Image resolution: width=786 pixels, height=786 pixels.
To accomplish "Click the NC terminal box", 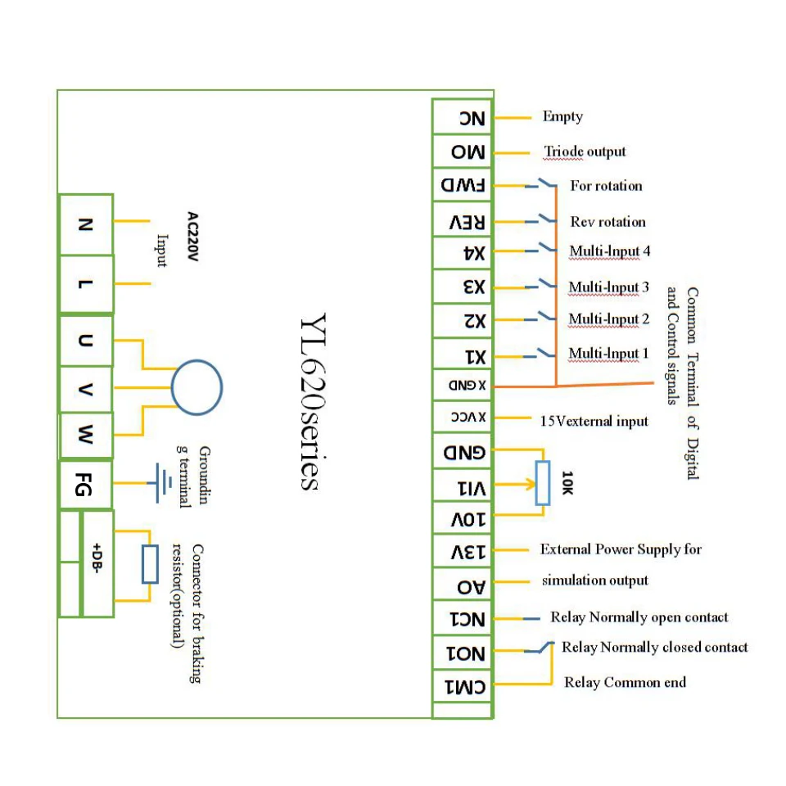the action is click(463, 117).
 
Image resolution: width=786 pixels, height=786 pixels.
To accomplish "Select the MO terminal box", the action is click(463, 151).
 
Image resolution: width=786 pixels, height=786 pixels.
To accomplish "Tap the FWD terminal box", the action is click(463, 185).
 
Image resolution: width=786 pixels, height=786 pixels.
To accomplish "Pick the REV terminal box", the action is click(463, 220).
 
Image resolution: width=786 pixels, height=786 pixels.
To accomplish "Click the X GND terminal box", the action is click(463, 386).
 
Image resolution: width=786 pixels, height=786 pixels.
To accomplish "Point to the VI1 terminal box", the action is click(463, 486).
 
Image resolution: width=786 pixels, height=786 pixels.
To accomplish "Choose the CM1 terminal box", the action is click(463, 686).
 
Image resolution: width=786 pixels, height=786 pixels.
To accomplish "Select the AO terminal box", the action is click(463, 584).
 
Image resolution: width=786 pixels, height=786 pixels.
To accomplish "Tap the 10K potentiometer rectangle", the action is click(542, 482).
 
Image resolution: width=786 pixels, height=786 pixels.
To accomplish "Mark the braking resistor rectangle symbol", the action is click(150, 564).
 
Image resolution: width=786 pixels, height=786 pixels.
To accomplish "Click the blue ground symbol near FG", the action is click(160, 483).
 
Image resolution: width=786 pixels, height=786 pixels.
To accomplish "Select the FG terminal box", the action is click(86, 485).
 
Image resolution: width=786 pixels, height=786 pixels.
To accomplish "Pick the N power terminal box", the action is click(86, 224).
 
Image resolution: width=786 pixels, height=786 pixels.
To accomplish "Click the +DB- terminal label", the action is click(97, 558).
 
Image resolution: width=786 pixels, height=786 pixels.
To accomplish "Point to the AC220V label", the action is click(193, 236).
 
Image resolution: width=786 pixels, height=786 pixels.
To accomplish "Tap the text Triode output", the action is click(585, 151).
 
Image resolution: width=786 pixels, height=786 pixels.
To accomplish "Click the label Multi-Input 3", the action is click(609, 287).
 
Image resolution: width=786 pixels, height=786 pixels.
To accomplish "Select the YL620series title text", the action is click(313, 401).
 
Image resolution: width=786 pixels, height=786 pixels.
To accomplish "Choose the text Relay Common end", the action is click(625, 682).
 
